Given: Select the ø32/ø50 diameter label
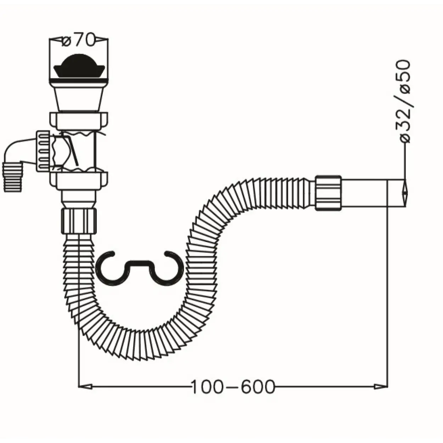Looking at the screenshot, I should tap(405, 101).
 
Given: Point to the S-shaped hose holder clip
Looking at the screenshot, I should tap(140, 268).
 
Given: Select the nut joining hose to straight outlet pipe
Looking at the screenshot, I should tap(328, 193).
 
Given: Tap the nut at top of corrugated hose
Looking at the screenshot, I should tap(79, 220).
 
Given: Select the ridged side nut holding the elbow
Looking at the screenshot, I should tap(43, 151).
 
